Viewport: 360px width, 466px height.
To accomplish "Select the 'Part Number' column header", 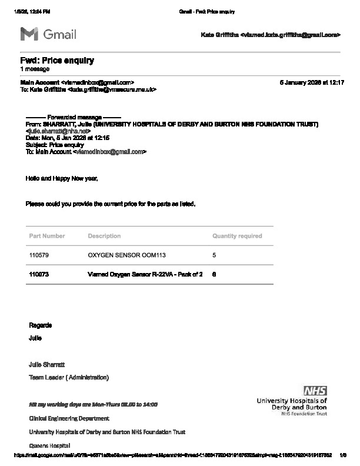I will point(47,236).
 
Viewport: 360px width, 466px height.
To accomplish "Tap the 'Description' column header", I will point(104,236).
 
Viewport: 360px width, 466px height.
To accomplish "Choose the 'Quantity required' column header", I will point(237,236).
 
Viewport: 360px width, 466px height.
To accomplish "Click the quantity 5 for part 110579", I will point(214,256).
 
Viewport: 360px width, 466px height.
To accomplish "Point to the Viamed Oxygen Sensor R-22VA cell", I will point(145,274).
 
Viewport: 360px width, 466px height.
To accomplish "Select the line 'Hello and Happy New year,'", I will point(62,178).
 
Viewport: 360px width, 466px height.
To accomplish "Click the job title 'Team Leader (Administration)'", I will point(69,377).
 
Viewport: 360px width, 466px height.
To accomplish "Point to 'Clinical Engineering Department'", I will point(69,418).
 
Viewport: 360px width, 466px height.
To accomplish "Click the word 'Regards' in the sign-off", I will point(41,325).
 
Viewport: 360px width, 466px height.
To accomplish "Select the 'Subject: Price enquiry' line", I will point(55,145).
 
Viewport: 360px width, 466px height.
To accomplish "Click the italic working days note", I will point(93,405).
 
